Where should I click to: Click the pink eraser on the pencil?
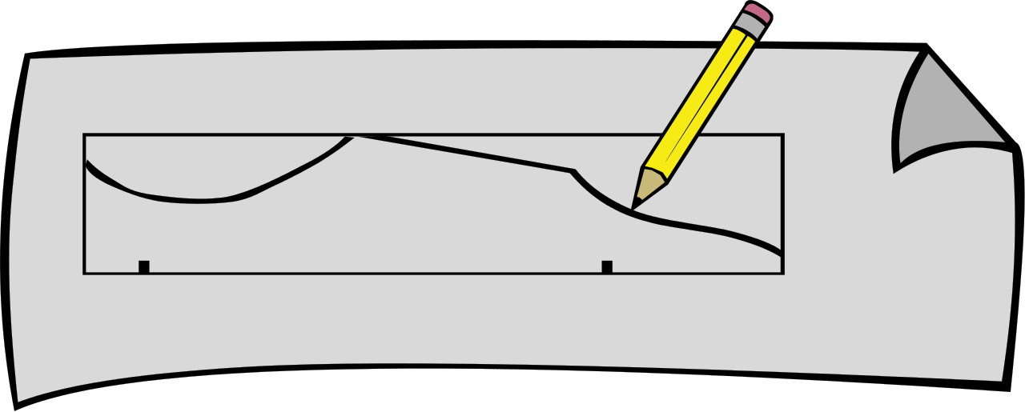(x=758, y=13)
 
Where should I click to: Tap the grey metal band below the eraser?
(x=749, y=25)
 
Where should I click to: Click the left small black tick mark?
(x=144, y=266)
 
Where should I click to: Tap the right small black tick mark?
(x=607, y=266)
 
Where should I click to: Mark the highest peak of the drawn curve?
(x=353, y=135)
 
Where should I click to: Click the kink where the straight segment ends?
(x=573, y=171)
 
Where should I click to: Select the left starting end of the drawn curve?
(x=87, y=163)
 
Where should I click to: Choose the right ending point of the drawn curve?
(x=781, y=254)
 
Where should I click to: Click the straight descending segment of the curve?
(x=464, y=153)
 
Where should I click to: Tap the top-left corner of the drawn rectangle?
(x=85, y=134)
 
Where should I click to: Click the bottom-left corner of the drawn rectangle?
(x=85, y=274)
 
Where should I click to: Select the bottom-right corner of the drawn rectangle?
(x=783, y=274)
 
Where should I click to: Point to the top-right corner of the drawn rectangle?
(x=783, y=134)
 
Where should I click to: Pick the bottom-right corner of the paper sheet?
(x=1003, y=381)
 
